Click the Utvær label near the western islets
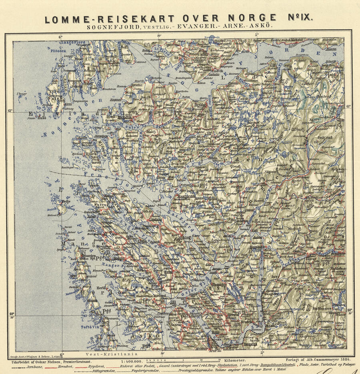coord(22,94)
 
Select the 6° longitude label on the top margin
coord(61,36)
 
